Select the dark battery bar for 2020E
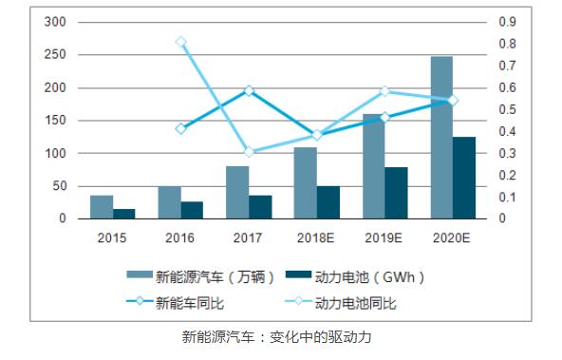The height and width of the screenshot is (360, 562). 463,178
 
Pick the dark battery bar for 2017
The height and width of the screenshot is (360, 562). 260,207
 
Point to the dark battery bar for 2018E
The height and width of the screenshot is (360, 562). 328,202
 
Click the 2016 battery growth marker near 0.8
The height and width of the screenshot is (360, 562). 180,42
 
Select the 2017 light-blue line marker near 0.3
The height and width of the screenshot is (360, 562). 249,152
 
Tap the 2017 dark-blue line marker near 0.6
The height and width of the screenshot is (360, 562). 249,90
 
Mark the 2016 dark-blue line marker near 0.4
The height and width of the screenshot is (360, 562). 180,128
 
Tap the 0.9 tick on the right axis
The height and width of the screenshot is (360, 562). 509,22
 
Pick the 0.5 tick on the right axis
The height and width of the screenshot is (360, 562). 509,109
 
